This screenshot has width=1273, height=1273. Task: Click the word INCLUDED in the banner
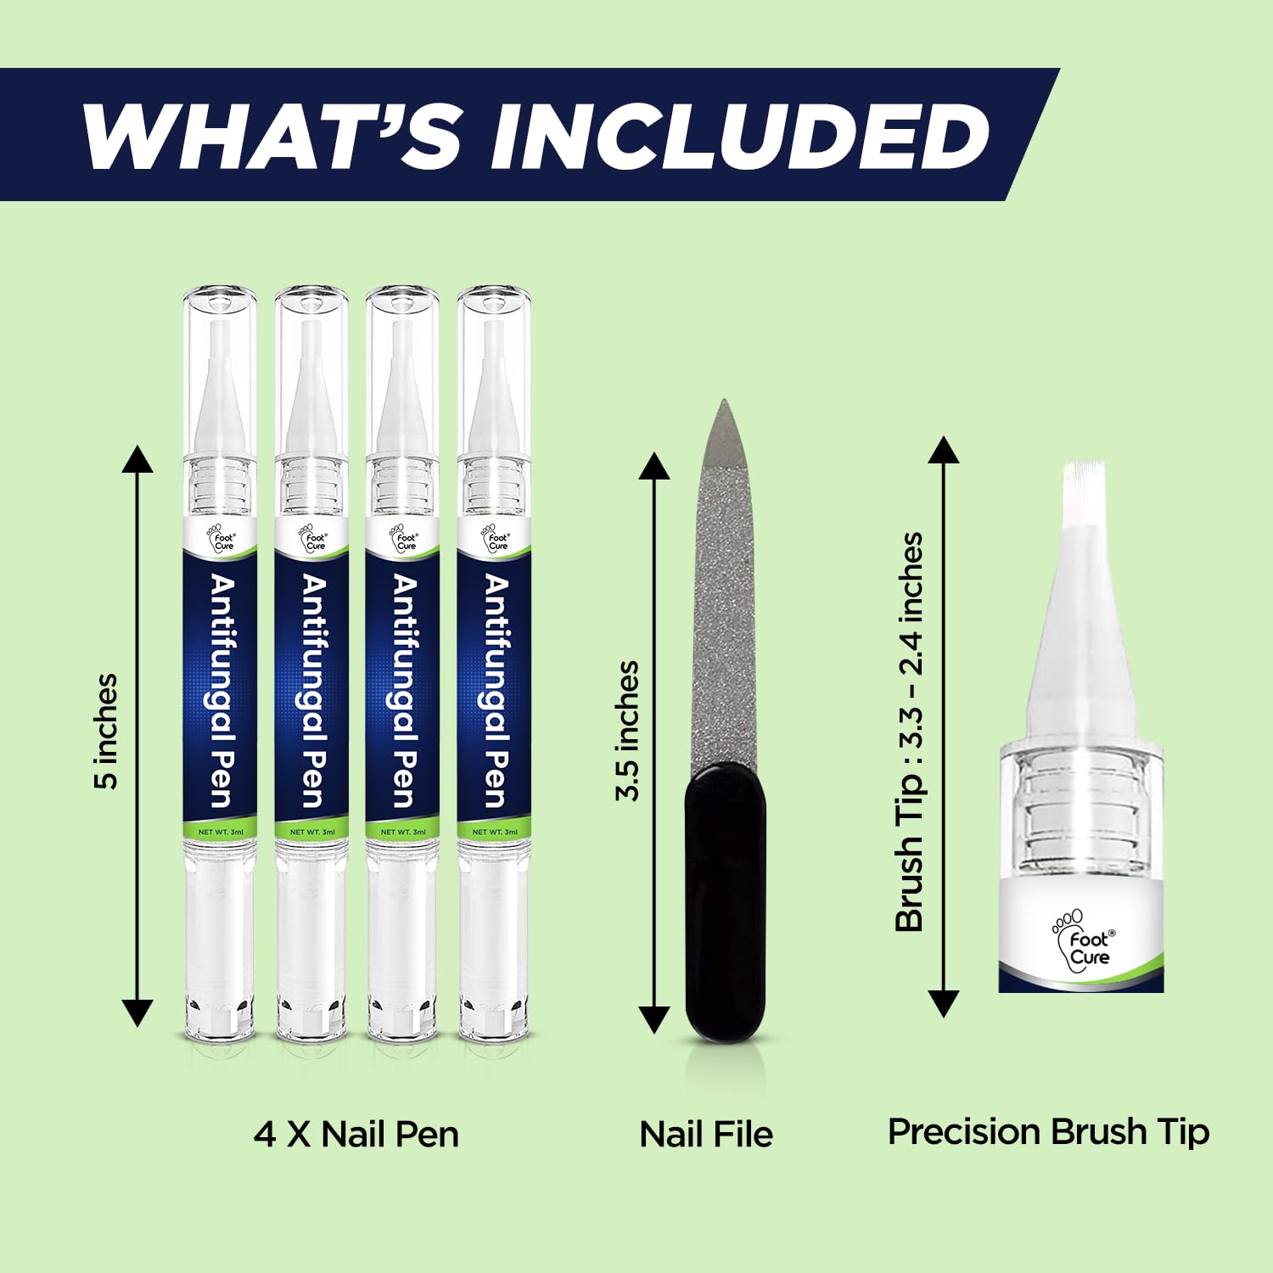(739, 136)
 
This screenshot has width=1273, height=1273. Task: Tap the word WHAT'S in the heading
(271, 136)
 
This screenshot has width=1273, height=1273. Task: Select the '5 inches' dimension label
(106, 732)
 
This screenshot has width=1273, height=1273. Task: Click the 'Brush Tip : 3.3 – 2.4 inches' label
(909, 732)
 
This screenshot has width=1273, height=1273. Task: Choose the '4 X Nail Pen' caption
(356, 1135)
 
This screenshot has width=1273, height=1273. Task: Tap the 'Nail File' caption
(706, 1135)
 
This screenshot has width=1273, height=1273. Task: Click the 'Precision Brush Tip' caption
(1048, 1133)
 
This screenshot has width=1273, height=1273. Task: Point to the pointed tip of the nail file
(722, 401)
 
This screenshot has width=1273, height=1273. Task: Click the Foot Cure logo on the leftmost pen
(221, 538)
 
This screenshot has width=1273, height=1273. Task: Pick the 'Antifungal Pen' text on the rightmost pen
(496, 691)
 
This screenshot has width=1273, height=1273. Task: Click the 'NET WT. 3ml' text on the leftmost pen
(221, 832)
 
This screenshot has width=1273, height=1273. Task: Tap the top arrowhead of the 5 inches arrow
(137, 458)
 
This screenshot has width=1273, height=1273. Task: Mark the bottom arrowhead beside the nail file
(654, 1019)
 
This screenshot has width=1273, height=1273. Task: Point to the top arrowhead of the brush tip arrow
(943, 450)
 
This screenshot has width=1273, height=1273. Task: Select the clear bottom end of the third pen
(403, 942)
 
